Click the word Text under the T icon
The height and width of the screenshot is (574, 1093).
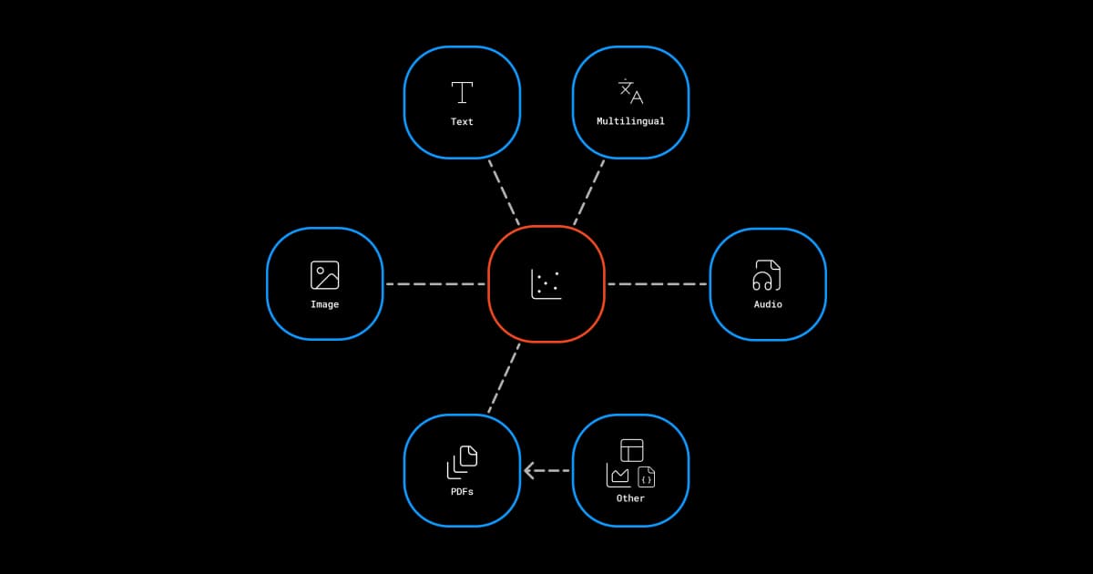click(x=462, y=121)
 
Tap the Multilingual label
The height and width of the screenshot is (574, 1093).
click(x=630, y=121)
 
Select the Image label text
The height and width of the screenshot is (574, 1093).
click(x=324, y=304)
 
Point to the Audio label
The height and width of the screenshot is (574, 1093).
click(x=768, y=304)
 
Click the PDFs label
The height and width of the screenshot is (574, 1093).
click(x=462, y=491)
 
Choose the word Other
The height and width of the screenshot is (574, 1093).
click(x=630, y=498)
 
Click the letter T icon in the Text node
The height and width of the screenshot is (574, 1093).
click(x=462, y=92)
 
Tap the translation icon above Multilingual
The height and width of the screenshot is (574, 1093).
click(x=630, y=92)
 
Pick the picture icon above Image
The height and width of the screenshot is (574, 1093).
click(x=324, y=275)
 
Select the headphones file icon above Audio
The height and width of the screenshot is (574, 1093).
click(x=767, y=275)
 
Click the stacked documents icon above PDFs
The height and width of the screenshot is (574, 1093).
click(x=462, y=462)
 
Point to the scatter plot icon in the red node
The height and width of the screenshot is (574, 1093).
click(x=546, y=284)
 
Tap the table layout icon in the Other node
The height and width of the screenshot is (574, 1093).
click(x=632, y=450)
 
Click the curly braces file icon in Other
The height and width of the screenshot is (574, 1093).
click(x=646, y=477)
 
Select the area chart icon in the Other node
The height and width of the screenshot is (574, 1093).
click(x=618, y=476)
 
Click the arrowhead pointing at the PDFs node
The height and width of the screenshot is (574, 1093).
click(x=529, y=471)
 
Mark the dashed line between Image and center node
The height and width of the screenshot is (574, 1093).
click(x=434, y=284)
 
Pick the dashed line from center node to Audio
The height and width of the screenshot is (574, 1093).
click(x=657, y=284)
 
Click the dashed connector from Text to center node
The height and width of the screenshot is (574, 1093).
click(x=504, y=192)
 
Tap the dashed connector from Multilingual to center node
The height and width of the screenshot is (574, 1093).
click(x=588, y=192)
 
